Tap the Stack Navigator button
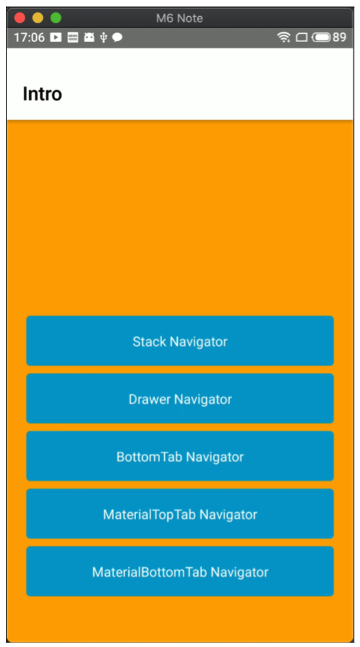tap(180, 341)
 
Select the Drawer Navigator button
tap(180, 399)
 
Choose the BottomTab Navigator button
tap(180, 456)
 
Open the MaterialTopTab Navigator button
tap(180, 513)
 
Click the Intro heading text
tap(43, 94)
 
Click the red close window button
tap(20, 18)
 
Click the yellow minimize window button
tap(38, 18)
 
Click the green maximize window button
tap(56, 18)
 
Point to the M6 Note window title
tap(180, 19)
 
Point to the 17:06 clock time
tap(29, 38)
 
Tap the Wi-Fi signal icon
tap(283, 38)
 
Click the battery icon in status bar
tap(322, 38)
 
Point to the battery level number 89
tap(339, 38)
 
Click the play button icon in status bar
tap(56, 38)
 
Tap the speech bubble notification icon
tap(117, 38)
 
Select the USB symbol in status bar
tap(104, 38)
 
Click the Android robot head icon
tap(89, 38)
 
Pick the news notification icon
tap(73, 38)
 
